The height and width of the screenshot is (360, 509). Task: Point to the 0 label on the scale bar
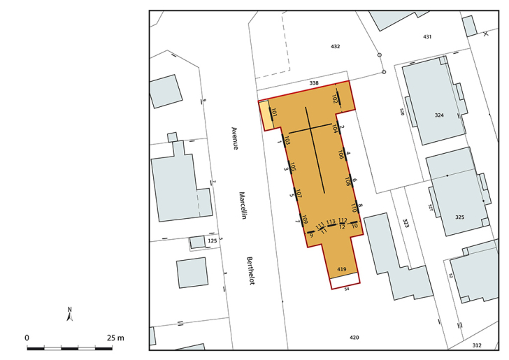27,338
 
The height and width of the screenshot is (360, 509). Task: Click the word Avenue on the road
235,138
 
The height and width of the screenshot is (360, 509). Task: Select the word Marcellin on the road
243,206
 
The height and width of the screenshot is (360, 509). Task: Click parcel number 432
335,46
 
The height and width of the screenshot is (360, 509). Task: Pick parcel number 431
427,36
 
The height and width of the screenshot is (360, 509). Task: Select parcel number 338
314,83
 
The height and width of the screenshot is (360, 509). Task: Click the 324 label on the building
439,115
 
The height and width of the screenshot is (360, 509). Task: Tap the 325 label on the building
459,217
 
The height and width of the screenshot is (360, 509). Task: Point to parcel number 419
342,269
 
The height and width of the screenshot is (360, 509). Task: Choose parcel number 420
354,338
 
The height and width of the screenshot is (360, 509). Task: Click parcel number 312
477,345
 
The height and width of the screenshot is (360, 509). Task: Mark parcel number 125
212,241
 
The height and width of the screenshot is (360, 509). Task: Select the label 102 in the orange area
335,100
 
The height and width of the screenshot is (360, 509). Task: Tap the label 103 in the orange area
287,140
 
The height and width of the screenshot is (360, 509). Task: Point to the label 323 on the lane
406,222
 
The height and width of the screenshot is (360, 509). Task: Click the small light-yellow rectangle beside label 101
266,116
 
